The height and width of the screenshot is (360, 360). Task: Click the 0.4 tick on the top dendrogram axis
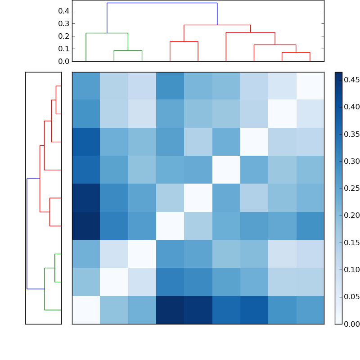(x=63, y=11)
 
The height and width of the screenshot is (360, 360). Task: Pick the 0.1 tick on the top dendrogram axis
(x=63, y=49)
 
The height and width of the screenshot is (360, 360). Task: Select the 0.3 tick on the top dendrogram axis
(x=63, y=23)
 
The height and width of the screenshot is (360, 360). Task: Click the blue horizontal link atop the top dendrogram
(x=162, y=3)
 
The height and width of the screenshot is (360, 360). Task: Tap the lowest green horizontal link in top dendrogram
(x=128, y=50)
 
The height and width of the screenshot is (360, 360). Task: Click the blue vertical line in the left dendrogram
(x=27, y=234)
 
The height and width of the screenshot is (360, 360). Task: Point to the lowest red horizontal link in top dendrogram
(x=296, y=53)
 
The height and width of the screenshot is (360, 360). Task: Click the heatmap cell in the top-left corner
(x=86, y=86)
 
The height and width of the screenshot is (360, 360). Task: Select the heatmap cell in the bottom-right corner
(x=310, y=310)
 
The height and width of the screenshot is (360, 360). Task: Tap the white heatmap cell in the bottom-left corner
(x=86, y=310)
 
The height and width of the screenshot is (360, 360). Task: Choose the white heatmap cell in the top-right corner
(x=310, y=86)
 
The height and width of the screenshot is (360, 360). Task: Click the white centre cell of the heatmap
(x=198, y=198)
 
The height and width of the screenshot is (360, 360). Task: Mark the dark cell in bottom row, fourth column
(x=170, y=310)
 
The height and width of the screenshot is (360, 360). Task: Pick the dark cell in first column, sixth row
(x=86, y=226)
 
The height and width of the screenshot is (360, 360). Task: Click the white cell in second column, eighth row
(x=114, y=282)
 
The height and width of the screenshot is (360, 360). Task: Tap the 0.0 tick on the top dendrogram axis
(x=63, y=61)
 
